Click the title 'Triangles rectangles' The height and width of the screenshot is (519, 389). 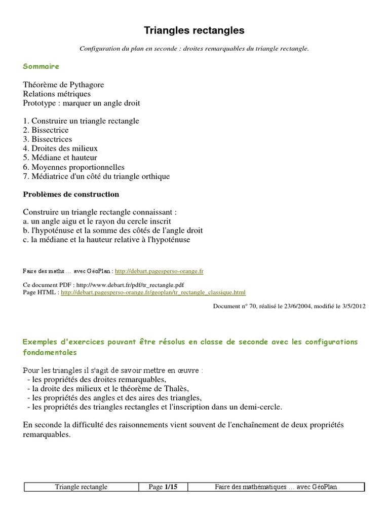coord(194,31)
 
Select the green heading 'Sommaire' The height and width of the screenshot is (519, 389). coord(41,66)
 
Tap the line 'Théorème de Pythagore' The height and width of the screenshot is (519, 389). coord(63,85)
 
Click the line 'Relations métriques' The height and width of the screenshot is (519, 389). coord(57,94)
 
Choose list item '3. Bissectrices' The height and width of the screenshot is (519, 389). coord(48,139)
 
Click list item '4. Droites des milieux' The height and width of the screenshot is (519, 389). coord(60,149)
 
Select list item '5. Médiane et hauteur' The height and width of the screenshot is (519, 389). coord(60,158)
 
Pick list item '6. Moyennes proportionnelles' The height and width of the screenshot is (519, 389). coord(73,167)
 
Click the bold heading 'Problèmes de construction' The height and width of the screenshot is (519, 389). coord(71,194)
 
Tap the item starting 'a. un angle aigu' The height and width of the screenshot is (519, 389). coord(97,221)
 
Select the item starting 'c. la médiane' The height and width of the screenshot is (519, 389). coord(106,240)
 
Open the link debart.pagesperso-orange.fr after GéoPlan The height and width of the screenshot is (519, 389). coord(159,272)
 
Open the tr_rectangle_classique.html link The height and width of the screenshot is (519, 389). coord(153,292)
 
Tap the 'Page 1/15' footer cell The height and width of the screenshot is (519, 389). coord(163,487)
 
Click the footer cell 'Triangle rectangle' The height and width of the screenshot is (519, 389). coord(81,487)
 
